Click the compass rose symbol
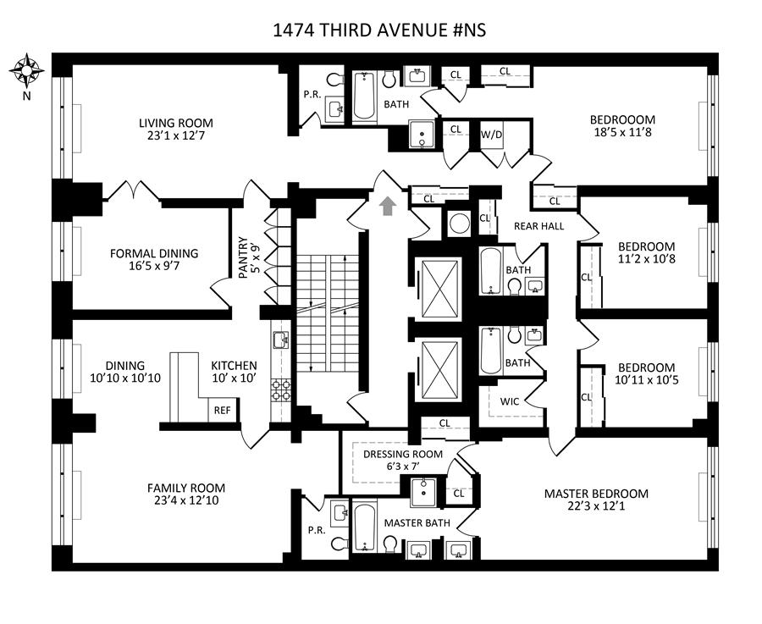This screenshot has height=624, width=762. (x=27, y=70)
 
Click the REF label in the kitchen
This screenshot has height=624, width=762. (x=222, y=411)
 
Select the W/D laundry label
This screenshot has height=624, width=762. (x=491, y=135)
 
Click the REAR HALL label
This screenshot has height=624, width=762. (x=538, y=226)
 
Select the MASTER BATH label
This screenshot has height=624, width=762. (x=417, y=523)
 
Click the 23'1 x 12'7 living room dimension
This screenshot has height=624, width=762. (x=176, y=136)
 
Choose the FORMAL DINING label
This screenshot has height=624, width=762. (x=154, y=253)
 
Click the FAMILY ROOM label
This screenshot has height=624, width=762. (x=186, y=488)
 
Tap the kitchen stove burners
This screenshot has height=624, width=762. (x=280, y=389)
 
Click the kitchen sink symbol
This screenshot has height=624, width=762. (x=280, y=341)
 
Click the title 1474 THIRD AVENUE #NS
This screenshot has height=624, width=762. (x=379, y=31)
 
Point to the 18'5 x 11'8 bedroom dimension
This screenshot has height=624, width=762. (x=623, y=133)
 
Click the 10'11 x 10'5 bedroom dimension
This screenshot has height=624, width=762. (x=646, y=381)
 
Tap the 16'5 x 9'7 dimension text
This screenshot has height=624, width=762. (x=154, y=267)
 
